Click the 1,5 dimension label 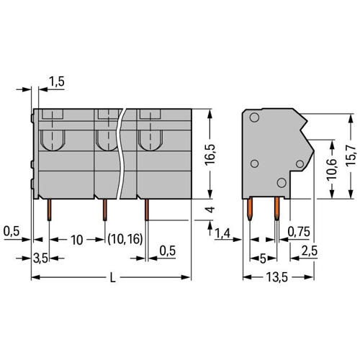point(57,81)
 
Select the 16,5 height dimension point(210,155)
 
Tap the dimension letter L point(112,278)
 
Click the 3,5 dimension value point(40,258)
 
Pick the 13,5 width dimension point(276,278)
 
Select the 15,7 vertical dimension point(351,156)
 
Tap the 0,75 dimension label point(299,232)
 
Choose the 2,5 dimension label point(310,251)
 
